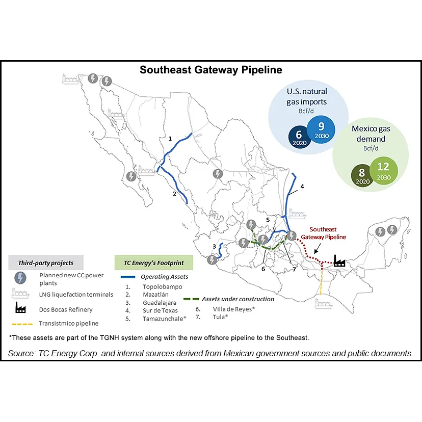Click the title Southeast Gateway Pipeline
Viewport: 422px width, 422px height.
(210, 70)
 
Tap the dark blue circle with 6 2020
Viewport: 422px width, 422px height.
(299, 137)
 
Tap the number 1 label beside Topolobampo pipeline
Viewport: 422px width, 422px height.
(170, 138)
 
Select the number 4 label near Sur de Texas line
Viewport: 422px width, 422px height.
(302, 187)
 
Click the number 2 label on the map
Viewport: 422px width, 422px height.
(174, 194)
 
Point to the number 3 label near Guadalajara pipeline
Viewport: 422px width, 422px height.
(215, 246)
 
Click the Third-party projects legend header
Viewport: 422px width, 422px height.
(46, 263)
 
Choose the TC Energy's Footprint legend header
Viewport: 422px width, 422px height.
(154, 263)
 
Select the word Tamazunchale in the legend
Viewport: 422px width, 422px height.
(162, 319)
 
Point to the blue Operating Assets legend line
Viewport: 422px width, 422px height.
(134, 277)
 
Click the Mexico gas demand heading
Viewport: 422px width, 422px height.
(368, 134)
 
